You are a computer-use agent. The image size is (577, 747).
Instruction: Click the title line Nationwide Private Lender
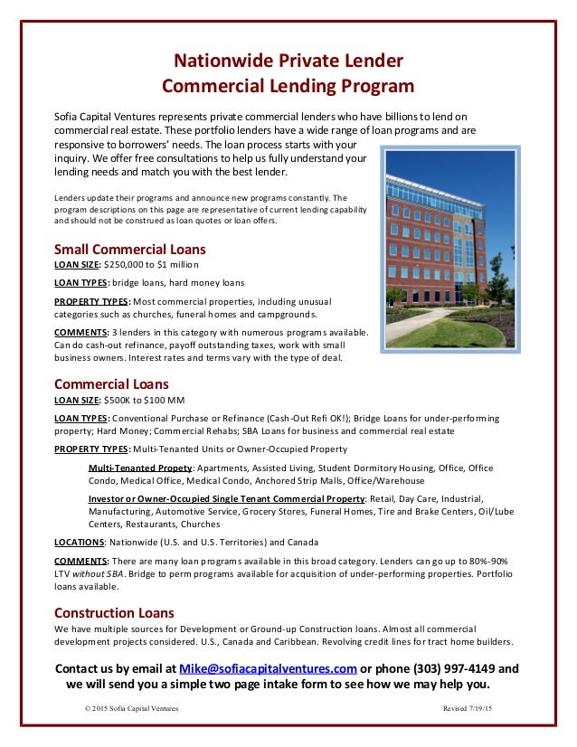click(288, 61)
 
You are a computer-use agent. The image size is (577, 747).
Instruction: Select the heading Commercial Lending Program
click(288, 87)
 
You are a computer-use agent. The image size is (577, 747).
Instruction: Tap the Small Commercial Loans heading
click(130, 249)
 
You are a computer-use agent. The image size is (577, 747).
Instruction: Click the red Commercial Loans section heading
click(112, 383)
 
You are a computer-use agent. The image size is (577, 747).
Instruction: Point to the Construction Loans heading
click(115, 612)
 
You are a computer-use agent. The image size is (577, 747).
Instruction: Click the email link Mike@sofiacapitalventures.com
click(268, 669)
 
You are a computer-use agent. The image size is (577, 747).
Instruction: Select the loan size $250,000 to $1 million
click(158, 264)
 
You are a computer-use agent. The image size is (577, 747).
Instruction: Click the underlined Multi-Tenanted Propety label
click(140, 468)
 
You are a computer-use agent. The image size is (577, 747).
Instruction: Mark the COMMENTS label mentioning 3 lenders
click(82, 333)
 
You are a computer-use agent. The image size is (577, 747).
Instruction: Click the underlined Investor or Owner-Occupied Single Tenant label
click(226, 498)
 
